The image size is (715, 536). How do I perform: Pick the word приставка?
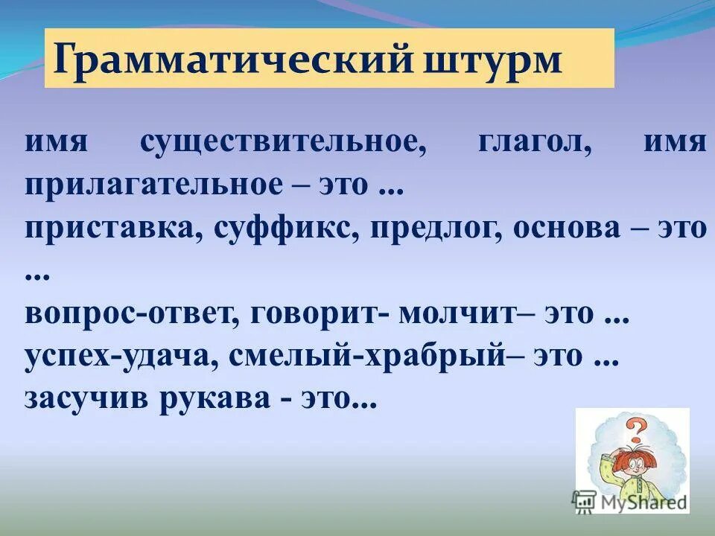(111, 229)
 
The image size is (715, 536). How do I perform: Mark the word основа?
(565, 229)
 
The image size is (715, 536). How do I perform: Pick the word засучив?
(86, 401)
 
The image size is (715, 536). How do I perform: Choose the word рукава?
(216, 401)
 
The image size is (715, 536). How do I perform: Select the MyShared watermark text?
(641, 502)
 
